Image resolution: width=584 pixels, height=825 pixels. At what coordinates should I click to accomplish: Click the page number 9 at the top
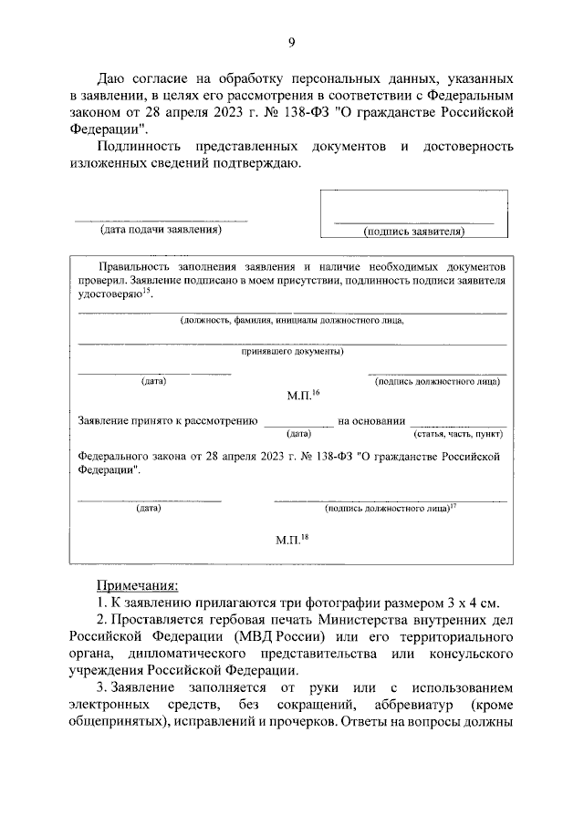[x=291, y=41]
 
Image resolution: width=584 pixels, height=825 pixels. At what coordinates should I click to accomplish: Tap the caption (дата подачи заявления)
[x=161, y=231]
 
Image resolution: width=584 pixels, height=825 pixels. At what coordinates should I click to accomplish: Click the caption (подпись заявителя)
[x=413, y=232]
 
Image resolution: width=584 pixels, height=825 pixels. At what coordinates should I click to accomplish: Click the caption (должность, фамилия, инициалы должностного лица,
[x=292, y=320]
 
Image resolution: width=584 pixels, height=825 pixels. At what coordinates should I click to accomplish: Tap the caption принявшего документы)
[x=292, y=350]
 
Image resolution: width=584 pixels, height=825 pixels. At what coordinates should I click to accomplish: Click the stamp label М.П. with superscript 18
[x=293, y=540]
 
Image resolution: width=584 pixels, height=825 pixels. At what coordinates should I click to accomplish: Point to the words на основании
[x=370, y=421]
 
